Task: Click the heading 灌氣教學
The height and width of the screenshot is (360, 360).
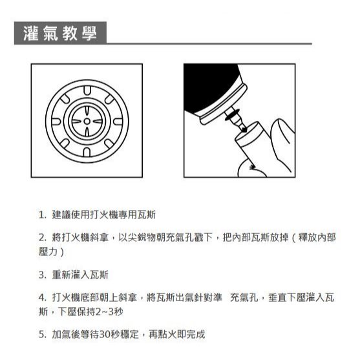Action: tap(60, 34)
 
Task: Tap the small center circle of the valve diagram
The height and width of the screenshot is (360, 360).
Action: tap(87, 121)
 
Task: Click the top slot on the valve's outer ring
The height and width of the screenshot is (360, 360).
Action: tap(87, 90)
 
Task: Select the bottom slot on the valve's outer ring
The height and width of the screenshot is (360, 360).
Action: tap(87, 152)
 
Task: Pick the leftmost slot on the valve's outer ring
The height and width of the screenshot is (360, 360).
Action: tap(56, 122)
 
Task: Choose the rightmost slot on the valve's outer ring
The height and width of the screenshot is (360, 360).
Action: tap(118, 122)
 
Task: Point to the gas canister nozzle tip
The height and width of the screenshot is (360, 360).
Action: tap(244, 130)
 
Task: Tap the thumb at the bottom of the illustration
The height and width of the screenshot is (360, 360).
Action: tap(251, 169)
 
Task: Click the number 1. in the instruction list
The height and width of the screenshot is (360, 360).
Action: tap(43, 215)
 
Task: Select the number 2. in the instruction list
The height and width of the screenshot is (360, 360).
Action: tap(43, 238)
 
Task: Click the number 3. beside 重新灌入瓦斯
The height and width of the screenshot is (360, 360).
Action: tap(43, 275)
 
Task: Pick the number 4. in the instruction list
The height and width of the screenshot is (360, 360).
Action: tap(43, 297)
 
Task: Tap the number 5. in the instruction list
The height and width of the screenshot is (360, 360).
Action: tap(43, 335)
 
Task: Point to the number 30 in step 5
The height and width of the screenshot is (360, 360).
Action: tap(105, 335)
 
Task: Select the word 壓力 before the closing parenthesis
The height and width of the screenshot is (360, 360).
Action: tap(48, 251)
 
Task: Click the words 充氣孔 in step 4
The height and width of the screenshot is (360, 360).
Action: tap(244, 297)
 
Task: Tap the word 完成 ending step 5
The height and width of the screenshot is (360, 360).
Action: tap(195, 334)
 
